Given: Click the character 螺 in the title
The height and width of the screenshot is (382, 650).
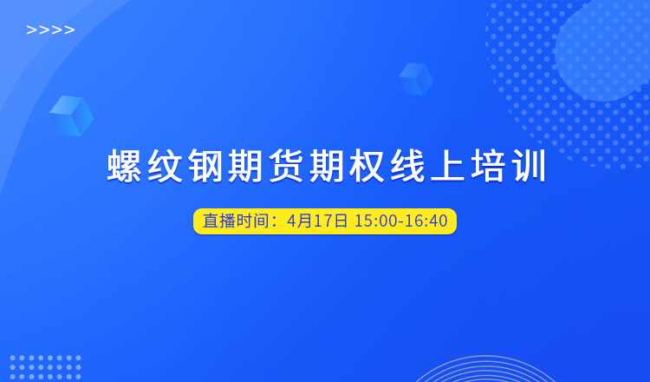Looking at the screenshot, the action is click(x=124, y=166).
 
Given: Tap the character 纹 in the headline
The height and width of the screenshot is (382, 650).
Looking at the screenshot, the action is click(x=165, y=166).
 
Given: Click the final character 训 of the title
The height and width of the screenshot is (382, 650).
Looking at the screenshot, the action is click(x=530, y=166).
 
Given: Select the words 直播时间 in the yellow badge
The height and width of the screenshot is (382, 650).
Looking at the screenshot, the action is click(x=236, y=221).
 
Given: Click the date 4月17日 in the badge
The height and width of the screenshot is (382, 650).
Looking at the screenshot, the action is click(x=317, y=221).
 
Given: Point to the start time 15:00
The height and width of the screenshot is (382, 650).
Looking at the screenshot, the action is click(x=376, y=221).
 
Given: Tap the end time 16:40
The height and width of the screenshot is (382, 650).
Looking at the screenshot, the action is click(x=426, y=221).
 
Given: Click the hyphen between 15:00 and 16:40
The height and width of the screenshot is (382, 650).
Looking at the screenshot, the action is click(x=401, y=222).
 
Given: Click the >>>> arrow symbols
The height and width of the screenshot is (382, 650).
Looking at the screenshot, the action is click(x=50, y=30).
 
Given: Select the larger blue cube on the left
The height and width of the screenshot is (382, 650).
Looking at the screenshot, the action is click(x=71, y=115).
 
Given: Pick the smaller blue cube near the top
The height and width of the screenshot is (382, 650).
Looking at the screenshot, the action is click(x=416, y=79).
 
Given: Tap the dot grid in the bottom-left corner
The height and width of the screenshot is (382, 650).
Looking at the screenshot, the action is click(x=45, y=368).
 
